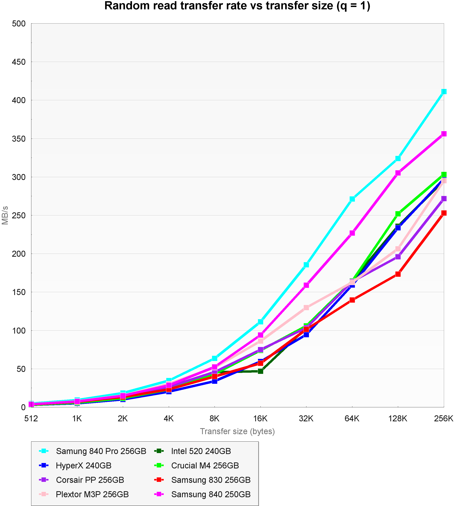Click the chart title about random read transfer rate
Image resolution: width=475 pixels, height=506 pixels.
pyautogui.click(x=237, y=6)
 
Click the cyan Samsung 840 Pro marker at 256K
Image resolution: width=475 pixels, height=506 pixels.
pyautogui.click(x=444, y=92)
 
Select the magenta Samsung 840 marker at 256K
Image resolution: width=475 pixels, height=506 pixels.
pyautogui.click(x=444, y=134)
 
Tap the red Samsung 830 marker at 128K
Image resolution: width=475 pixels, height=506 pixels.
pyautogui.click(x=398, y=274)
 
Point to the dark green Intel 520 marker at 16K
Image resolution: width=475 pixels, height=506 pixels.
pyautogui.click(x=260, y=371)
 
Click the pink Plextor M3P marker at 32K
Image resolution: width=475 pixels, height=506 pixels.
pyautogui.click(x=306, y=307)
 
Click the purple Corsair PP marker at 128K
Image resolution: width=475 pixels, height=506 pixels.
pyautogui.click(x=398, y=257)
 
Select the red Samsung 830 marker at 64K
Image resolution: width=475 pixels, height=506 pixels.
pyautogui.click(x=352, y=300)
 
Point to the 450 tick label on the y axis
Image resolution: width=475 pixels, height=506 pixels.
pyautogui.click(x=19, y=62)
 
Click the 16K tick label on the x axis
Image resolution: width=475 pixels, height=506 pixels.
pyautogui.click(x=260, y=419)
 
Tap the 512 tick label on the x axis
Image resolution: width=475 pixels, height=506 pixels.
pyautogui.click(x=31, y=419)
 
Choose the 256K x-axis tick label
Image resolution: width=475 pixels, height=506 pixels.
pyautogui.click(x=444, y=419)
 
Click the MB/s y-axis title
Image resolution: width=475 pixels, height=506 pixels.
pyautogui.click(x=5, y=215)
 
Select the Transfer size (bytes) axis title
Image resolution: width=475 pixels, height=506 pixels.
pyautogui.click(x=237, y=431)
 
